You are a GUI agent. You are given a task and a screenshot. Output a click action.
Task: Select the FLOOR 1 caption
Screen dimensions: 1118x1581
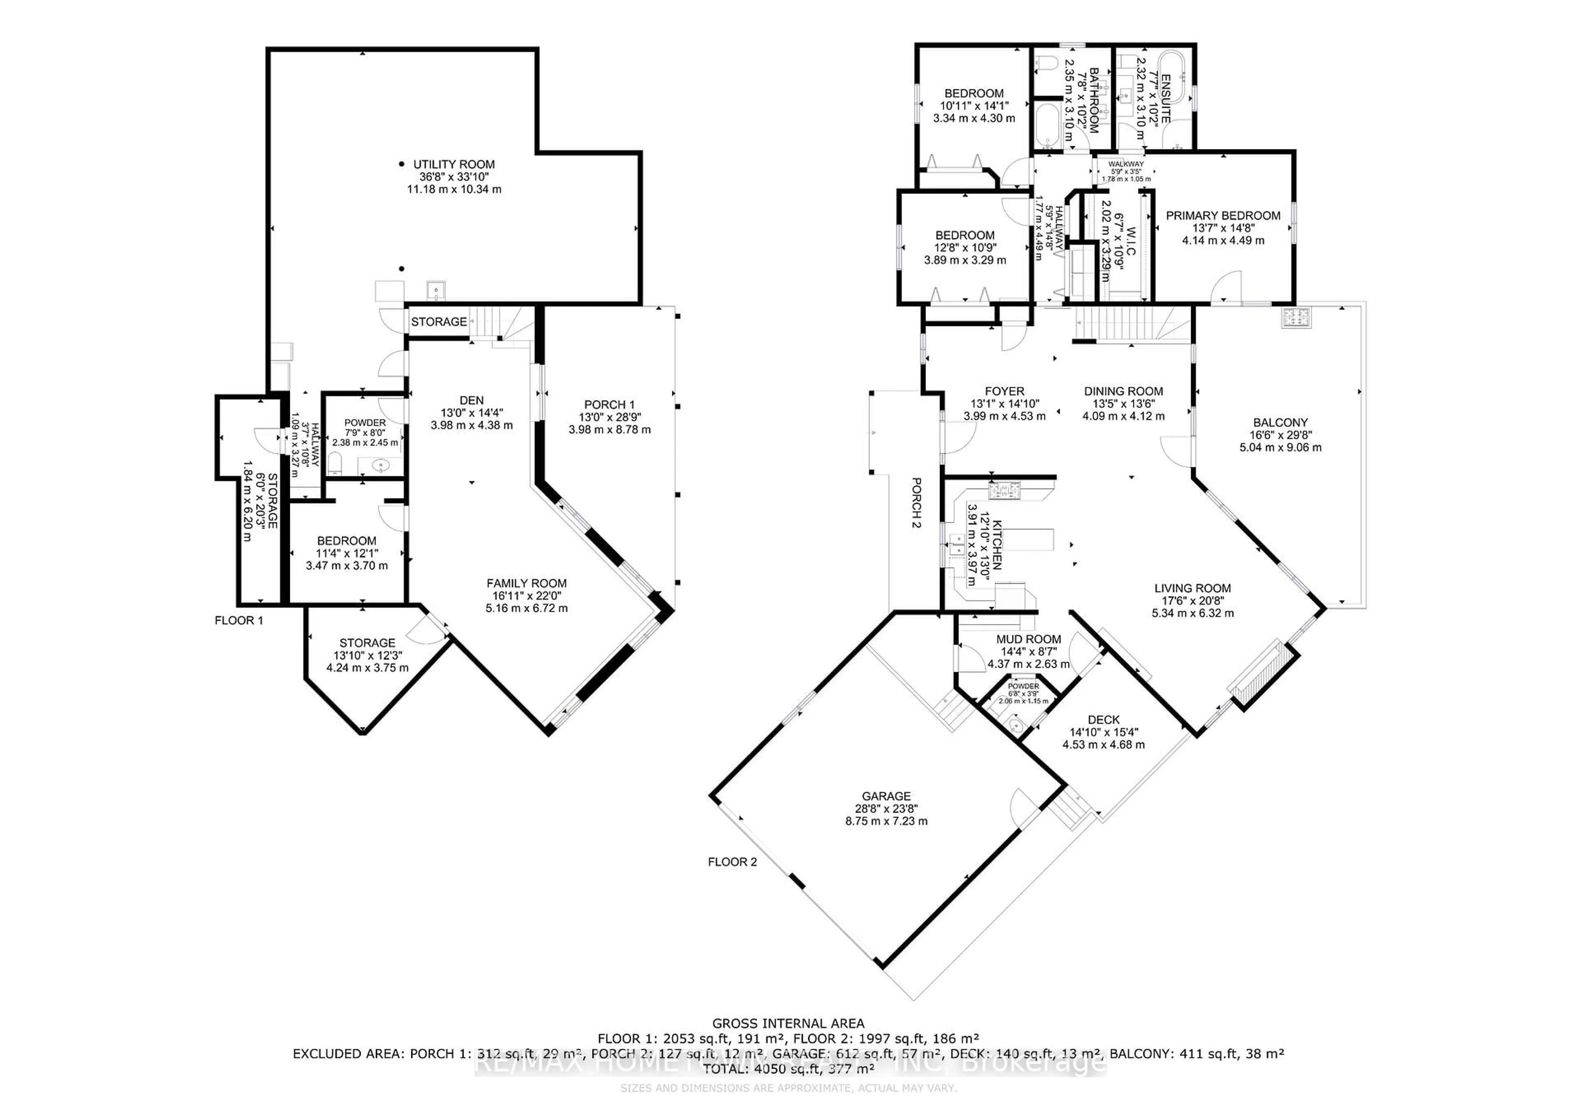(239, 620)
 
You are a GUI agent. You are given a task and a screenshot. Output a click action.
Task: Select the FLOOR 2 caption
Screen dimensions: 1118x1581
(732, 862)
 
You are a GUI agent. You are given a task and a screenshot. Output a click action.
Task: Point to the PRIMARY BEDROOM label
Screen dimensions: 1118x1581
(1223, 215)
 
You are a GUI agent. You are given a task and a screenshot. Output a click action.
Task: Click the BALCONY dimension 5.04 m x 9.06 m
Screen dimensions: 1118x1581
(1280, 447)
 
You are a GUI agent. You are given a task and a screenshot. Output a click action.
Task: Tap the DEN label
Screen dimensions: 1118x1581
(472, 400)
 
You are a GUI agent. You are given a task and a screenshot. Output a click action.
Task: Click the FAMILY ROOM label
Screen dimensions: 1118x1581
(526, 583)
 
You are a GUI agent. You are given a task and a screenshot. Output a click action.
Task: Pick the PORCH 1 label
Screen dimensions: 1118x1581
(609, 404)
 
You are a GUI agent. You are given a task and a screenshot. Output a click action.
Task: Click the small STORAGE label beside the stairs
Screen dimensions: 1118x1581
(438, 321)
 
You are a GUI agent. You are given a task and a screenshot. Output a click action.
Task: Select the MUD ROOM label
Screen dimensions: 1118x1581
(1029, 639)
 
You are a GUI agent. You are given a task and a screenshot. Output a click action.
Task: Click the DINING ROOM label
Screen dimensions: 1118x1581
(1123, 391)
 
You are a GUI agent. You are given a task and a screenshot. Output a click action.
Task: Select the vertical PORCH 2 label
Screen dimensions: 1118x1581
(916, 503)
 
